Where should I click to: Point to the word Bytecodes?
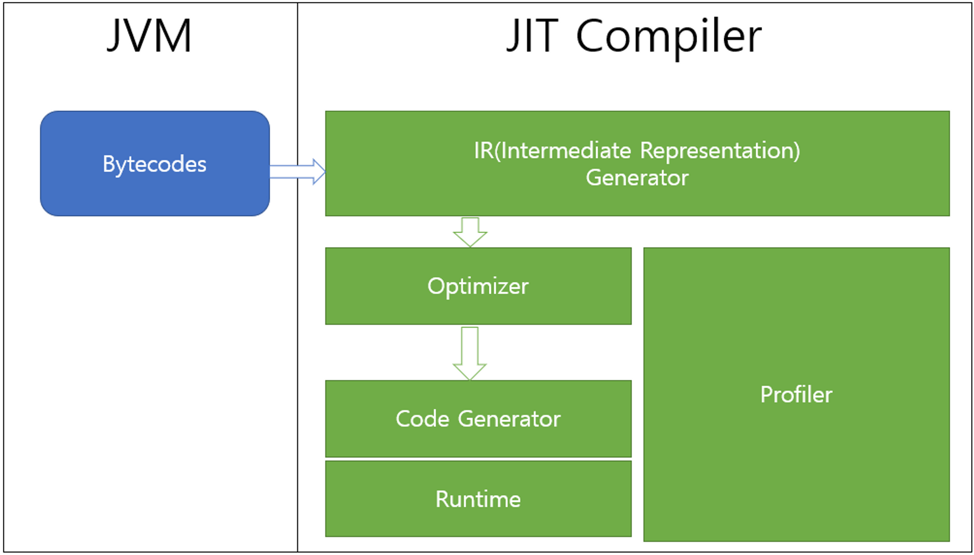pyautogui.click(x=154, y=164)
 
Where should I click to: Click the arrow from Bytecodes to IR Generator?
pyautogui.click(x=298, y=172)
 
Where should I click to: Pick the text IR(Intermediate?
pyautogui.click(x=552, y=150)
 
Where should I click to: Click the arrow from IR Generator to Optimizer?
pyautogui.click(x=470, y=232)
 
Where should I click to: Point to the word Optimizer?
pyautogui.click(x=478, y=286)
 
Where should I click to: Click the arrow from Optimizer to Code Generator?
pyautogui.click(x=469, y=353)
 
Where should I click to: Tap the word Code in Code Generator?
pyautogui.click(x=422, y=419)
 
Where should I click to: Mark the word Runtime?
pyautogui.click(x=478, y=500)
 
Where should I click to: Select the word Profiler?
pyautogui.click(x=796, y=394)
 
